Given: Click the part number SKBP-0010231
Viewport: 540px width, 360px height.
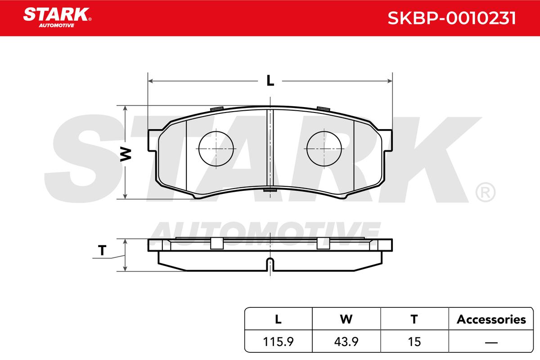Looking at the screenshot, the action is [x=451, y=18].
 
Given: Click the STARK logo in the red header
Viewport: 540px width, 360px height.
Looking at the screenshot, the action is [x=57, y=18].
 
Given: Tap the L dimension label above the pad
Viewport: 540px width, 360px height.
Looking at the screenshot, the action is [x=270, y=81].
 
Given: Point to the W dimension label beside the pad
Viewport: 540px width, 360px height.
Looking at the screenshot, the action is [x=126, y=154].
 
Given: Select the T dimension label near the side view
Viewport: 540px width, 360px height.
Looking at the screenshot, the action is [x=102, y=250].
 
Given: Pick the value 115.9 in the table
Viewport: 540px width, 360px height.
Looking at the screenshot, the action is [x=278, y=342].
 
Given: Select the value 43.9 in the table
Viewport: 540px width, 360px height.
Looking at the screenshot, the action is [x=346, y=342].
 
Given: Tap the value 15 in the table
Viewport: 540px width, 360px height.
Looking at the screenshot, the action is [x=414, y=342].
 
